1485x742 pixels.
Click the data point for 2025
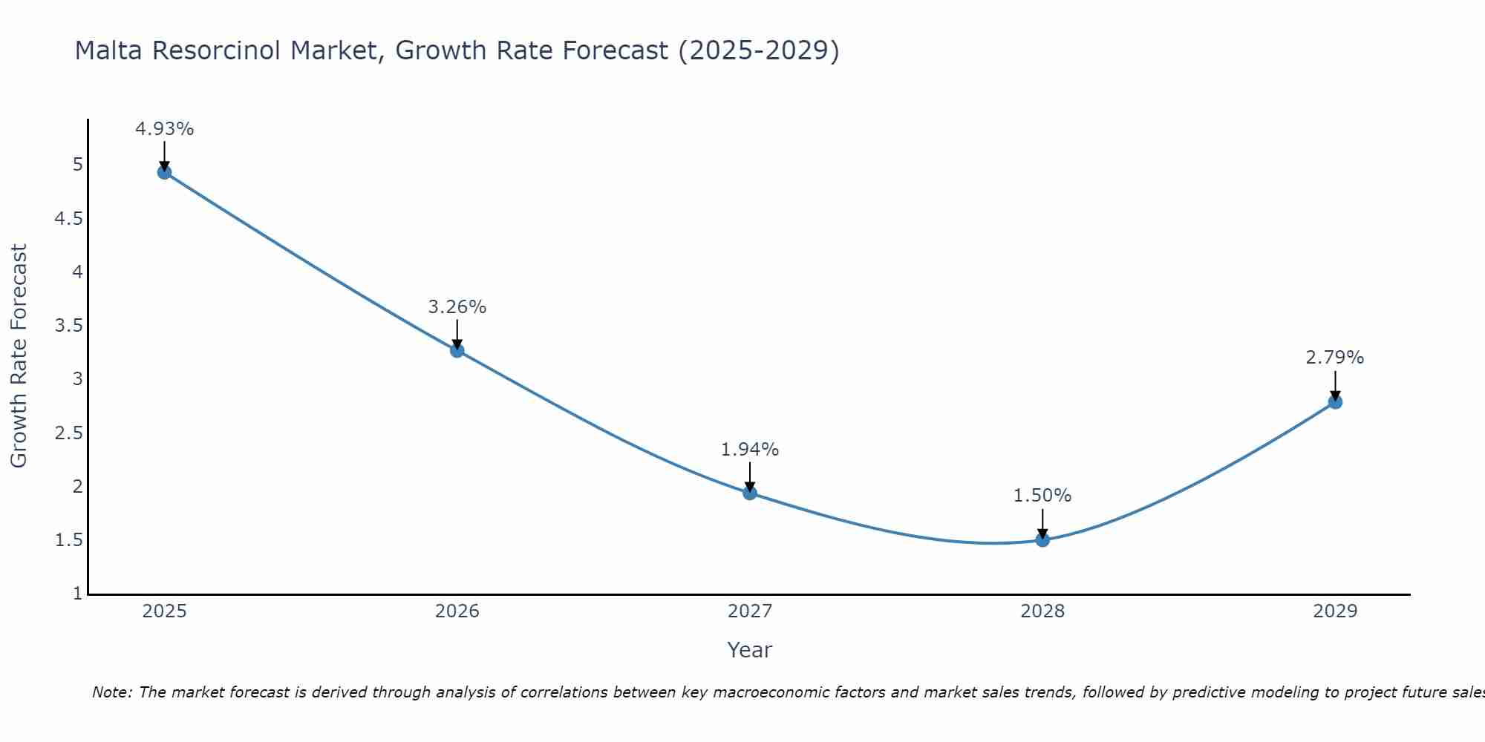pyautogui.click(x=164, y=173)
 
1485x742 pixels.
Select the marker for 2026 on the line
pyautogui.click(x=457, y=350)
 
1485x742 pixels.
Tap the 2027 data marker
pyautogui.click(x=750, y=493)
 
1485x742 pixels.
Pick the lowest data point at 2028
pyautogui.click(x=1042, y=539)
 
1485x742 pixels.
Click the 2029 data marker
pyautogui.click(x=1335, y=402)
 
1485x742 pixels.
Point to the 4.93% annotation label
pyautogui.click(x=164, y=129)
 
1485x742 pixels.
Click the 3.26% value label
pyautogui.click(x=457, y=307)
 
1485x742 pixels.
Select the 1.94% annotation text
pyautogui.click(x=750, y=450)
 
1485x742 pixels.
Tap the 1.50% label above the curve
pyautogui.click(x=1042, y=496)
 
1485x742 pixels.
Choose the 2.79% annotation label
pyautogui.click(x=1335, y=358)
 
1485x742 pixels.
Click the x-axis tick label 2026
pyautogui.click(x=457, y=611)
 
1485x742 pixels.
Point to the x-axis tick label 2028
pyautogui.click(x=1042, y=611)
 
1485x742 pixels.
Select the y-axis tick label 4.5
pyautogui.click(x=68, y=219)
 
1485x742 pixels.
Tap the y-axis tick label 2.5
pyautogui.click(x=68, y=433)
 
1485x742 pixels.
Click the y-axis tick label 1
pyautogui.click(x=78, y=594)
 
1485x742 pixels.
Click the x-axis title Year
pyautogui.click(x=750, y=650)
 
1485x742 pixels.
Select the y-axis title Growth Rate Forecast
pyautogui.click(x=19, y=356)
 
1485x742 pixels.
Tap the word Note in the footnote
pyautogui.click(x=111, y=692)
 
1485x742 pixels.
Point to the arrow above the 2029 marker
pyautogui.click(x=1335, y=384)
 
